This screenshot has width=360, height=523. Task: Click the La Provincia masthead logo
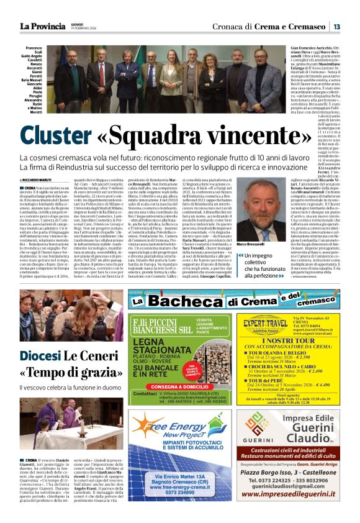[42, 26]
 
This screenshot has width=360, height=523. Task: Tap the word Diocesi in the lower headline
[40, 356]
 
